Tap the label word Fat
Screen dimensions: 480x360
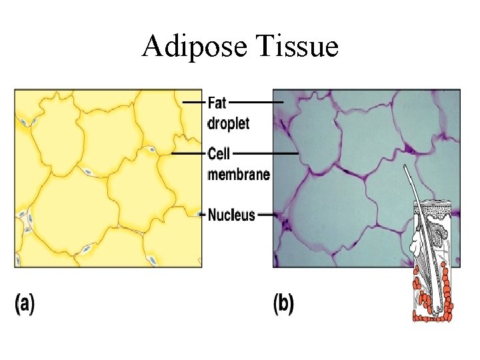[217, 103]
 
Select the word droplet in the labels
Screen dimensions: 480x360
[229, 123]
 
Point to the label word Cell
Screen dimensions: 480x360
[219, 154]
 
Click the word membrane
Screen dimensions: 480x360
[239, 175]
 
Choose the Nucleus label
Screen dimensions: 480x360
[231, 215]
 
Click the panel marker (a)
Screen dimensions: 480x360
[24, 304]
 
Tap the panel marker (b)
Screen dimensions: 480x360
[283, 304]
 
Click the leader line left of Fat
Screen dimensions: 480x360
[193, 102]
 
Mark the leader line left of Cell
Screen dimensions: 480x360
[189, 154]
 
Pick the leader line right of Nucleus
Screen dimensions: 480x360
[266, 215]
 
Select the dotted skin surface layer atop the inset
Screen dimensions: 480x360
[433, 207]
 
